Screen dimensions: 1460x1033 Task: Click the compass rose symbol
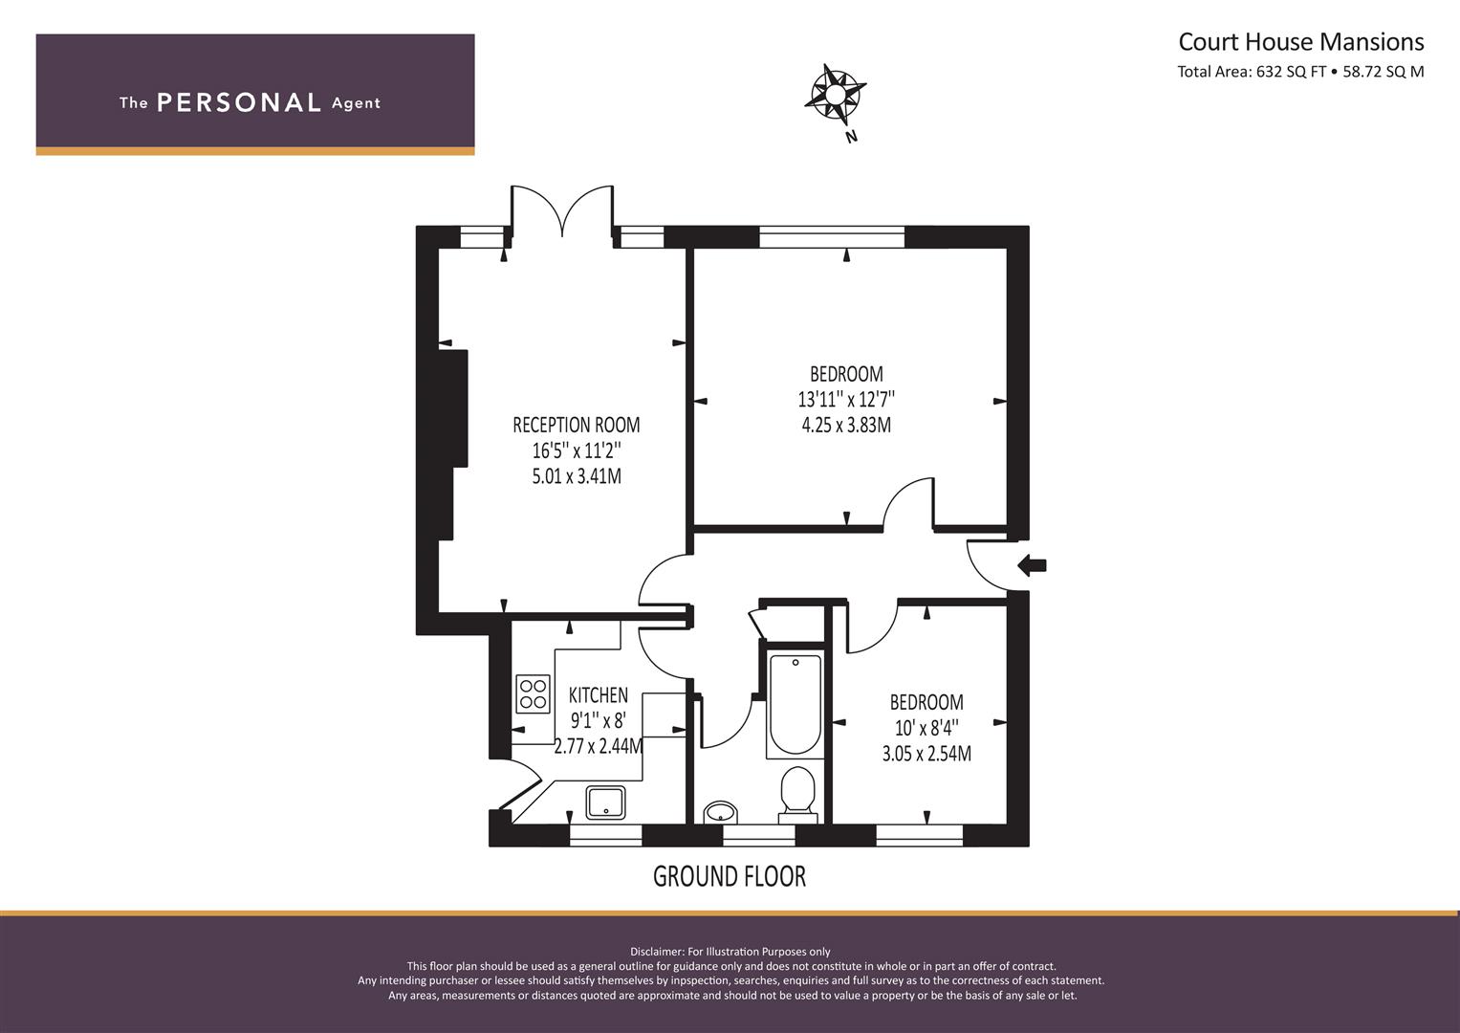(835, 95)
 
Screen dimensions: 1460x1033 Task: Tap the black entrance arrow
(1032, 564)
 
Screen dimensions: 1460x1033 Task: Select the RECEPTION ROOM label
(577, 425)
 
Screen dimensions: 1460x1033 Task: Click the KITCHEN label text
(599, 694)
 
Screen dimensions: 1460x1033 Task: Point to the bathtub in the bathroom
(795, 704)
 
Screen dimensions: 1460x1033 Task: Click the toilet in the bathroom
(797, 794)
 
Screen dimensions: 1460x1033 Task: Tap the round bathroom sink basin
(721, 813)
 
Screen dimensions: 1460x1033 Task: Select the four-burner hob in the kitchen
(534, 693)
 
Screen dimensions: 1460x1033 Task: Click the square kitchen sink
(605, 802)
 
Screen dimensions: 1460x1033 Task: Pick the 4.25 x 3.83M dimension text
(846, 426)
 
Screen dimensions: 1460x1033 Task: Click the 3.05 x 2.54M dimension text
(926, 754)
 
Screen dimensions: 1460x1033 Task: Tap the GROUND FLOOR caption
(730, 876)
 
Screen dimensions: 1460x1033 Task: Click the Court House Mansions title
(1301, 42)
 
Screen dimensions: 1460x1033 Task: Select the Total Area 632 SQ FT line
(1300, 72)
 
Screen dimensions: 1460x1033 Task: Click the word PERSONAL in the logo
(239, 102)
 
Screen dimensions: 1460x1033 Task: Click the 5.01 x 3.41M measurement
(577, 476)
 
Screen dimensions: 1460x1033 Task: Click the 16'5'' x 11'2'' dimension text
(577, 451)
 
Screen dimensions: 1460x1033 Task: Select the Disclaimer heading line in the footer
(730, 952)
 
